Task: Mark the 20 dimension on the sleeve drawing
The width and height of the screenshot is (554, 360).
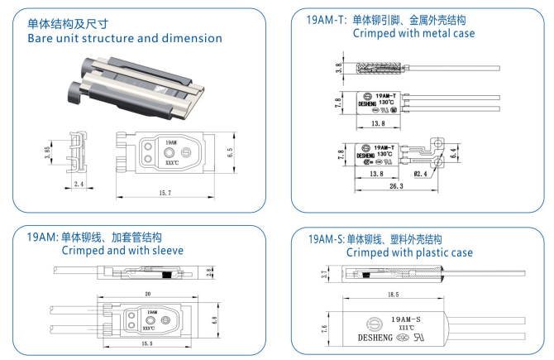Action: (x=146, y=292)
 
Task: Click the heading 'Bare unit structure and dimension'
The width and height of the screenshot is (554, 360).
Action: (x=124, y=38)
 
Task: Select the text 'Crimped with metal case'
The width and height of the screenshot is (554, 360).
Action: (x=413, y=33)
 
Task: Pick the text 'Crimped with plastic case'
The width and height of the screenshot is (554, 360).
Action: (x=409, y=252)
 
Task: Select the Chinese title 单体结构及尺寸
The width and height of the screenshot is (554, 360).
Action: (x=68, y=23)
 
